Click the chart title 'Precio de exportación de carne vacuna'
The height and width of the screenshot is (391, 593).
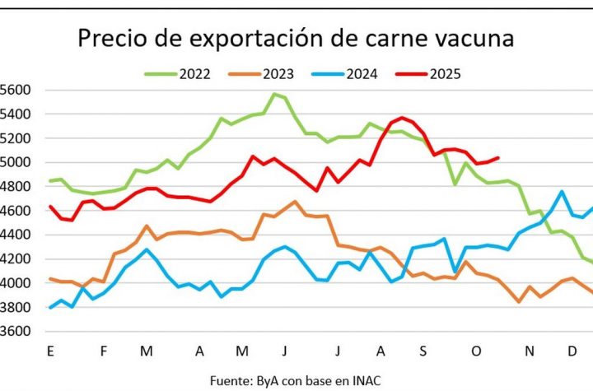[x=296, y=38]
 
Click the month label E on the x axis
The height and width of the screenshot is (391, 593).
[x=51, y=351]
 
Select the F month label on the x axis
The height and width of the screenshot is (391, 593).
[x=104, y=351]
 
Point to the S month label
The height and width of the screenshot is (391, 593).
[x=423, y=351]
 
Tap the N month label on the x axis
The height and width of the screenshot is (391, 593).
[x=530, y=351]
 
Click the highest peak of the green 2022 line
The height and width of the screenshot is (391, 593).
[x=273, y=94]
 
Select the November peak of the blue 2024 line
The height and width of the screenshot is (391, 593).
[x=562, y=192]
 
